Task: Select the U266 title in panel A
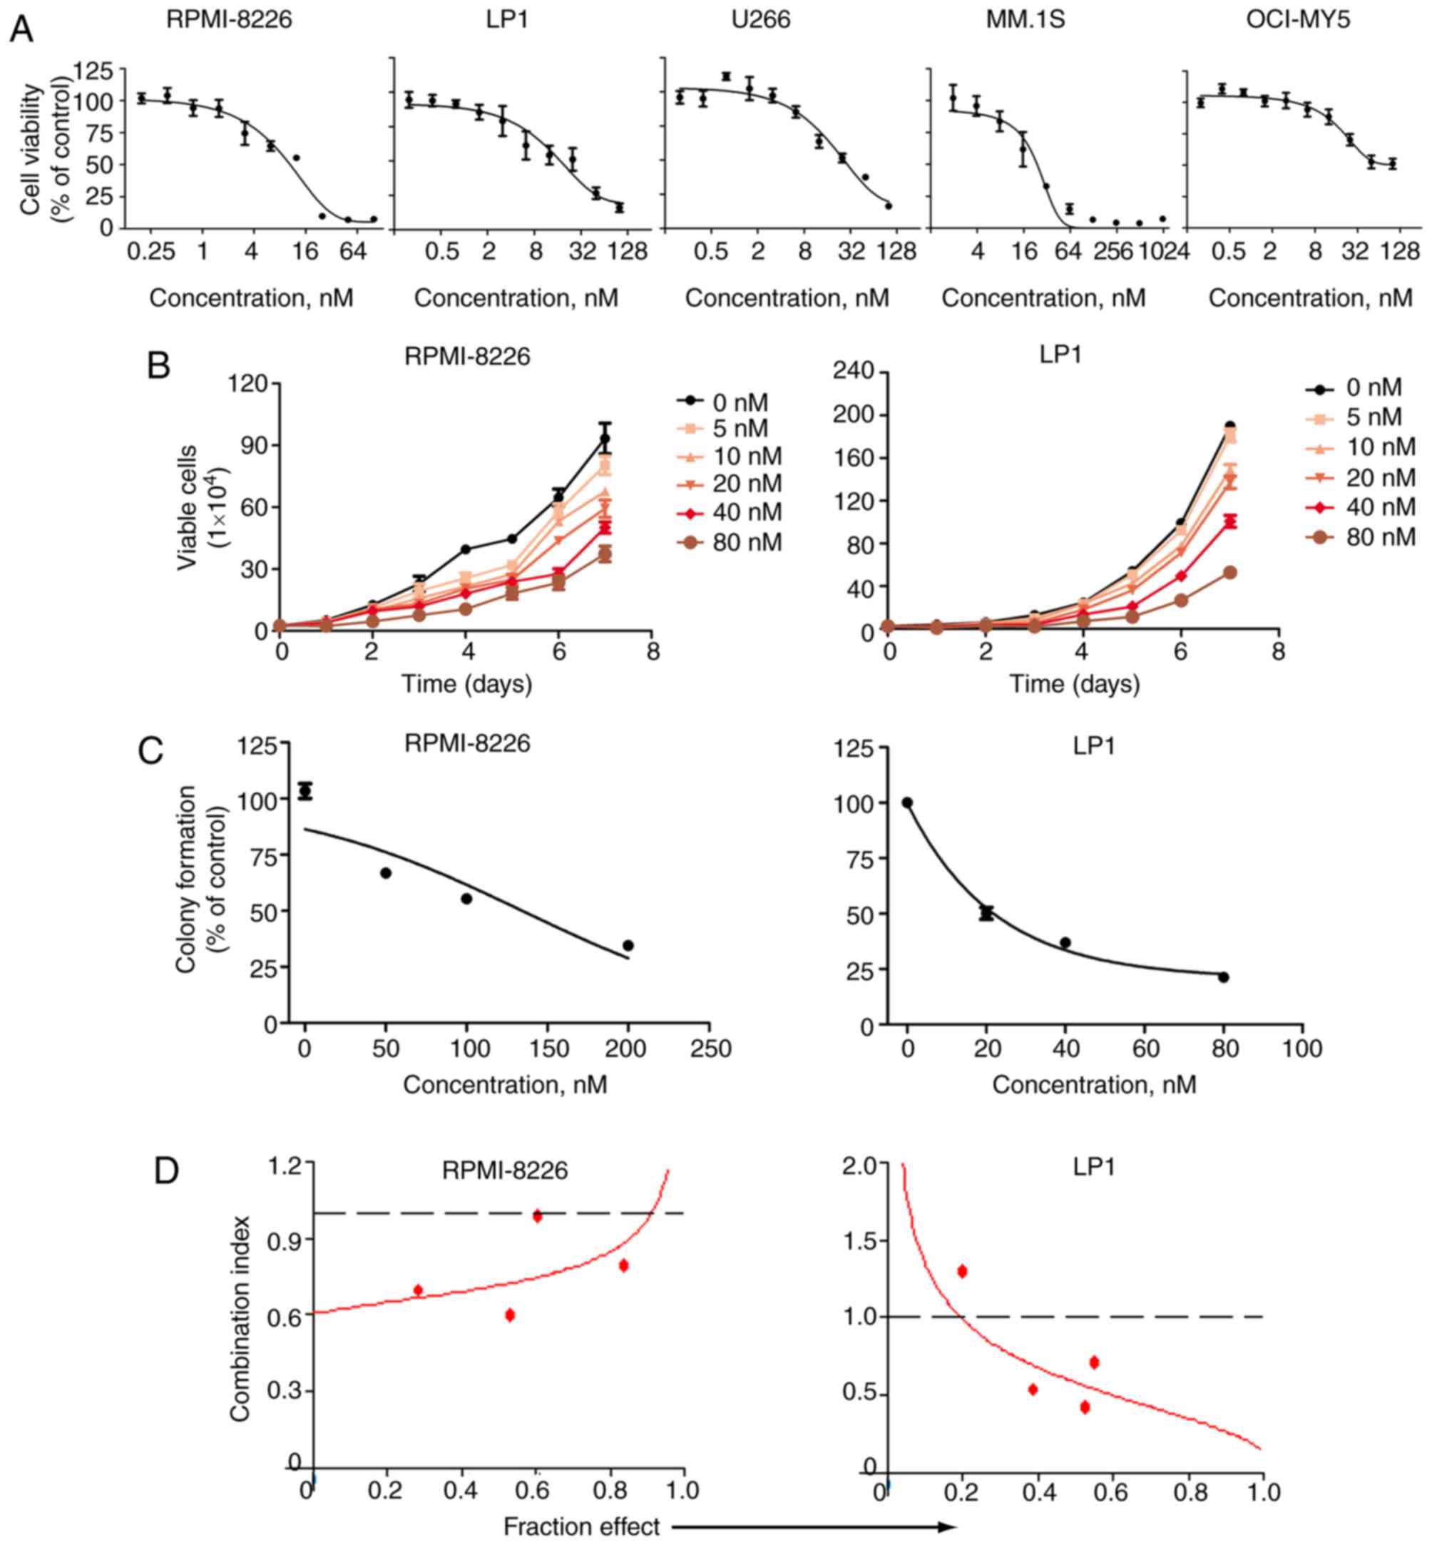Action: tap(760, 19)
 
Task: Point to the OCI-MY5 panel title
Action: tap(1297, 19)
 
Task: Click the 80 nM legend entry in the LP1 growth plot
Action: tap(1364, 536)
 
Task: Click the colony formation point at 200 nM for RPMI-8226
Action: tap(628, 945)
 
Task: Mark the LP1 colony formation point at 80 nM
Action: tap(1224, 977)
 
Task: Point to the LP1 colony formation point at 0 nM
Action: tap(907, 802)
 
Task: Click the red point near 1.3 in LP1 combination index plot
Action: tap(963, 1270)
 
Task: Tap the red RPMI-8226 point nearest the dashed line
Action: tap(537, 1215)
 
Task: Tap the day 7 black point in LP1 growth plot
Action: tap(1229, 427)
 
